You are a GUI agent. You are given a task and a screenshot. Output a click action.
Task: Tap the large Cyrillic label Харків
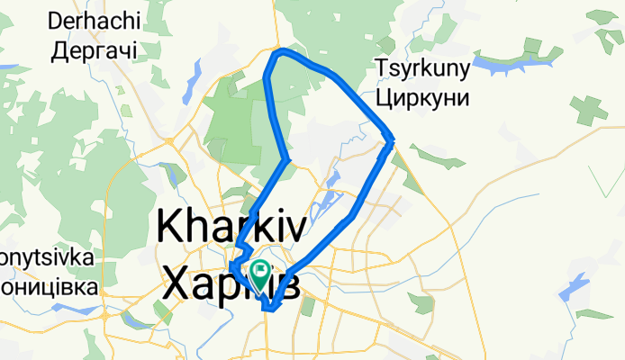[231, 281]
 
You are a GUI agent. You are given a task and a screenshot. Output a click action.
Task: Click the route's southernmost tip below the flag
[268, 310]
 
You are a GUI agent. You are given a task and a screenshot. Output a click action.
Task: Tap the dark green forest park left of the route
[239, 126]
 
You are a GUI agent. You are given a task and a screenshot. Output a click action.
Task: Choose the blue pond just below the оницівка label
[68, 307]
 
